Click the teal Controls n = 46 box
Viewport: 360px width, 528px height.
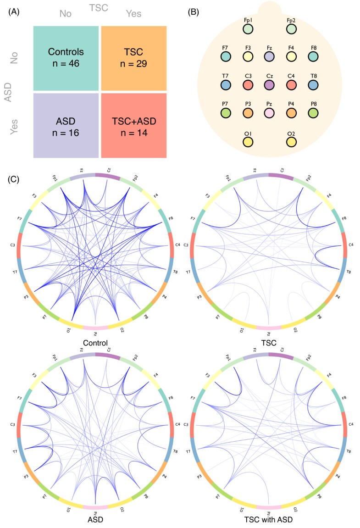[x=66, y=58]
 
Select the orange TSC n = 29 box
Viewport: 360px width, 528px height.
[x=134, y=58]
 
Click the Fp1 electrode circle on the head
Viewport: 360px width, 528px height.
[x=248, y=29]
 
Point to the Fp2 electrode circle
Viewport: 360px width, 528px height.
[x=291, y=29]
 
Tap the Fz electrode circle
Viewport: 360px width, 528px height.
[x=269, y=56]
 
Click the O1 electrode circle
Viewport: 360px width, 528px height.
[x=248, y=142]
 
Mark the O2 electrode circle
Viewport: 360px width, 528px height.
[x=291, y=142]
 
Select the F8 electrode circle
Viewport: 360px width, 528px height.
[x=314, y=56]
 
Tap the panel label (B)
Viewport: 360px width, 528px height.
[x=195, y=12]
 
